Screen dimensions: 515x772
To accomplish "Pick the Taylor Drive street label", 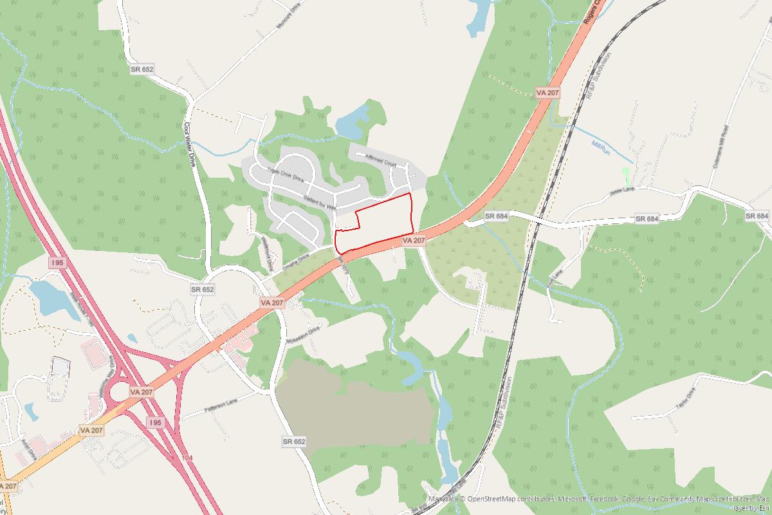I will pyautogui.click(x=687, y=398).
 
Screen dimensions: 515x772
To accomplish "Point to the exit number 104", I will pyautogui.click(x=187, y=457).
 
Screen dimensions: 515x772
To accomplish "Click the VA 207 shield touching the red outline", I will pyautogui.click(x=414, y=240).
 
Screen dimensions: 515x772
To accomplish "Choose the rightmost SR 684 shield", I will pyautogui.click(x=757, y=216).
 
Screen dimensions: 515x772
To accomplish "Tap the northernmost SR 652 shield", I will pyautogui.click(x=142, y=69).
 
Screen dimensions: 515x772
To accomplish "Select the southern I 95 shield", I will pyautogui.click(x=154, y=422).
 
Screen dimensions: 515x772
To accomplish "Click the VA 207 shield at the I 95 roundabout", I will pyautogui.click(x=142, y=391).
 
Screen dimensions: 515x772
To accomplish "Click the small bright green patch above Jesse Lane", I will pyautogui.click(x=626, y=174).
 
